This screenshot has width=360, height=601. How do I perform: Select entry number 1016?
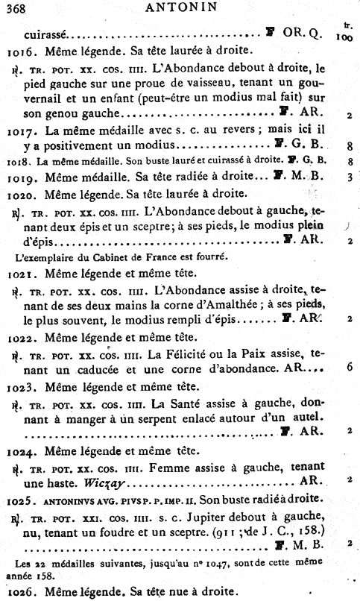[22, 53]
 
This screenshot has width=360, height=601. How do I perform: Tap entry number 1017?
[22, 130]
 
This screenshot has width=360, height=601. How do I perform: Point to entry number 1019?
[22, 177]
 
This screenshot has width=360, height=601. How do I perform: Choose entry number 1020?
[22, 193]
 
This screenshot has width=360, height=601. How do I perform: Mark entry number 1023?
[22, 387]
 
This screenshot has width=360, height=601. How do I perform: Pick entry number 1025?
[22, 497]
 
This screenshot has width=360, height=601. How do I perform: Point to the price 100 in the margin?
[344, 36]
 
